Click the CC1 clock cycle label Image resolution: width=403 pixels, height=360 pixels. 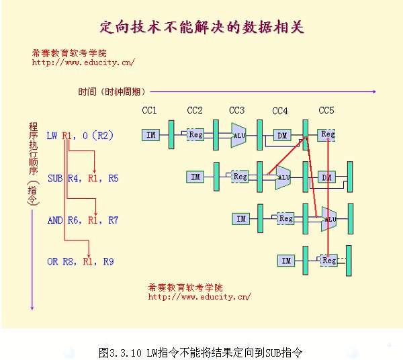point(149,111)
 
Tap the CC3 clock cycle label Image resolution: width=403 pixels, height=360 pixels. point(236,111)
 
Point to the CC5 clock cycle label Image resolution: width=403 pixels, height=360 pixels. point(326,111)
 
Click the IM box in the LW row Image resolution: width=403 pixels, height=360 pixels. point(150,135)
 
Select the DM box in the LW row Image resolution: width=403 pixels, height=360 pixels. point(282,135)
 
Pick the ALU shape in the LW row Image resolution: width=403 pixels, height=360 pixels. point(238,135)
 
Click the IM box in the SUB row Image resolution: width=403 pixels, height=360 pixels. point(195,177)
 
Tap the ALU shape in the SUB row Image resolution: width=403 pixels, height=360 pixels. point(283,177)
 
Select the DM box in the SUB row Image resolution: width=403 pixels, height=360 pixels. point(326,177)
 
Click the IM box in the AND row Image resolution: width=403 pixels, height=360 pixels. point(241,219)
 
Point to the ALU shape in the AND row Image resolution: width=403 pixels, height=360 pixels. point(329,219)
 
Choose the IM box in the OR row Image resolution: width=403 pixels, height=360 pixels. point(286,261)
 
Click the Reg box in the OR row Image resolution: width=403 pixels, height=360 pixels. point(329,261)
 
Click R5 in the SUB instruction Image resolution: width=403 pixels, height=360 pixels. point(114,178)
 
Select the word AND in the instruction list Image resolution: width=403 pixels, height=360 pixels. point(55,220)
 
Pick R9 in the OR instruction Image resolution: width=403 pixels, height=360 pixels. point(108,261)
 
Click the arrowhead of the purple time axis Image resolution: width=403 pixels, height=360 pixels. point(375,91)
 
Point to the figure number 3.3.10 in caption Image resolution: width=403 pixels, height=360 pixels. point(126,353)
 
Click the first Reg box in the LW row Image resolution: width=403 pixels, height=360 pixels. point(195,134)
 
